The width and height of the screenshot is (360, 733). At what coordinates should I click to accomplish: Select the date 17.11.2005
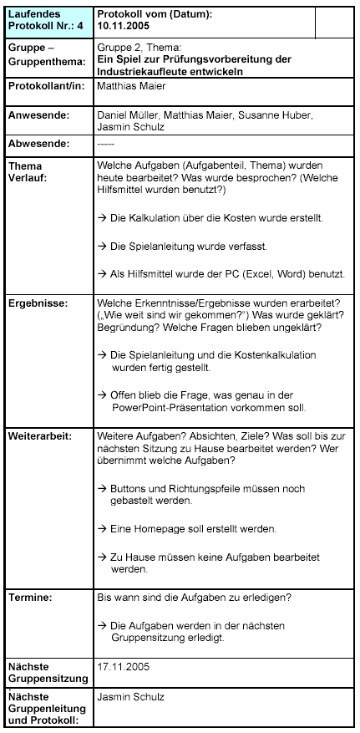point(123,667)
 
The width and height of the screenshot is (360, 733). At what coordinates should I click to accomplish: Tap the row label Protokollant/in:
point(46,86)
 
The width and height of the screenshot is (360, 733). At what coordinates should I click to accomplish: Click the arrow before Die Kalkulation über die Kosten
point(102,217)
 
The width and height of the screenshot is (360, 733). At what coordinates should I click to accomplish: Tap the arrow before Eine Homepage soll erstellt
point(102,529)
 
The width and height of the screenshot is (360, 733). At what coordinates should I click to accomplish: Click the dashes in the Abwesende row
point(106,145)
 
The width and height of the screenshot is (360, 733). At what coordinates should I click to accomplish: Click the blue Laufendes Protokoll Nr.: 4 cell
point(46,20)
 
